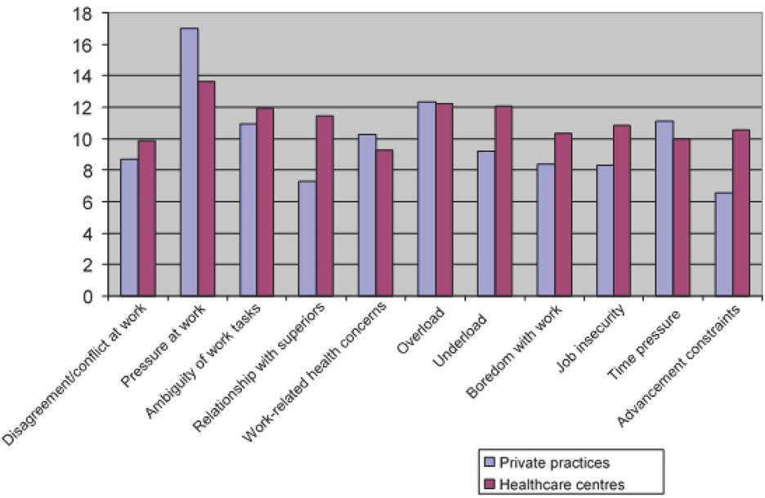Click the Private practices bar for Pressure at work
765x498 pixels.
coord(189,162)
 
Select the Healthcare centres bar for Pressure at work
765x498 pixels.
coord(206,189)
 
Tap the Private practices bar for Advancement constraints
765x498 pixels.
coord(723,245)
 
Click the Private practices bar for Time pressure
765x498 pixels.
coord(664,209)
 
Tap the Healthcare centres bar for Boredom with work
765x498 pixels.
coord(562,215)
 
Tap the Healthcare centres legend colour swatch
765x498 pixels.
coord(488,484)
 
